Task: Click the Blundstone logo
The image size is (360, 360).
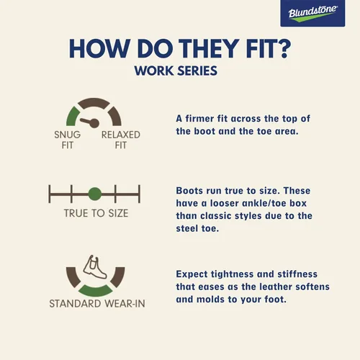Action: coord(312,13)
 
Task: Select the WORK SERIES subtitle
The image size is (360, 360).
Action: coord(176,71)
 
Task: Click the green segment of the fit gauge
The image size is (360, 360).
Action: coord(72,117)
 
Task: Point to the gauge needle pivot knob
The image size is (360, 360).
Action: coord(94,123)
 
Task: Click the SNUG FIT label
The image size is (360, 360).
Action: coord(68,140)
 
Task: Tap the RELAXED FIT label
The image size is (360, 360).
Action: coord(121,140)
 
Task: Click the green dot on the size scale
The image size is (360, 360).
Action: coord(95,194)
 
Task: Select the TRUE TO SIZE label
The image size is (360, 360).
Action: coord(96,213)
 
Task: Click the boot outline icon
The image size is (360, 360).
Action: coord(94,267)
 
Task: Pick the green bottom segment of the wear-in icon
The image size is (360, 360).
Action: coord(96,291)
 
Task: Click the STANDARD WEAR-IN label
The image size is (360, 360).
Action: coord(97,304)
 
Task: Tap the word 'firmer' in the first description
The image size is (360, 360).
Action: coord(199,119)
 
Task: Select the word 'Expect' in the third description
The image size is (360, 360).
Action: coord(191,274)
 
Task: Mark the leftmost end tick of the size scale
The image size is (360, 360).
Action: coord(50,194)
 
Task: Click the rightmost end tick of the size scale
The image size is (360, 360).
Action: coord(139,194)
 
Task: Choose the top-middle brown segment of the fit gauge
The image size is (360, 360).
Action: coord(94,103)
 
